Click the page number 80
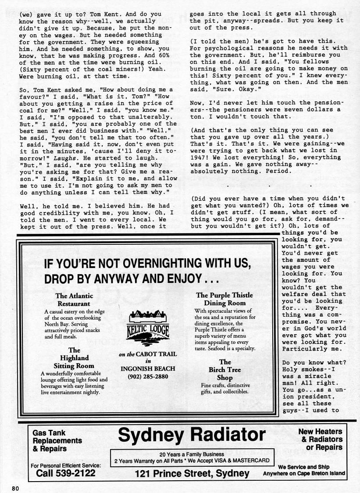point(15,489)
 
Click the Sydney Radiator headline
point(192,435)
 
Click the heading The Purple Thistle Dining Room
point(224,299)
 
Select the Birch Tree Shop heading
point(225,370)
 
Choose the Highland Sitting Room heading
point(74,358)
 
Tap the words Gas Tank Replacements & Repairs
point(57,440)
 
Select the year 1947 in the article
point(200,157)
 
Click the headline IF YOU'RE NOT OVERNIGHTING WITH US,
point(147,264)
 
